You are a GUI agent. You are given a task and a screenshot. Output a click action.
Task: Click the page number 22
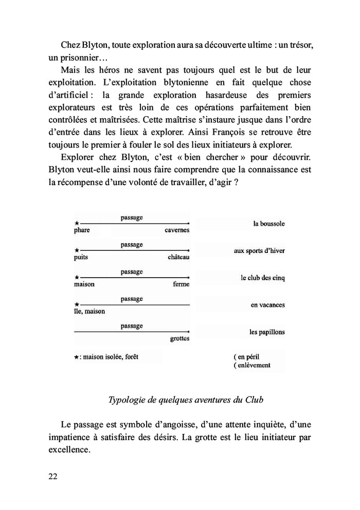52,476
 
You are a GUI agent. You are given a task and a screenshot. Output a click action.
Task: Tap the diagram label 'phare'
82,230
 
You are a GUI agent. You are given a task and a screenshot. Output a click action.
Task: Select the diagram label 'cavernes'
177,230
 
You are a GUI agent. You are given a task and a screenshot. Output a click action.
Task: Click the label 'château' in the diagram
178,257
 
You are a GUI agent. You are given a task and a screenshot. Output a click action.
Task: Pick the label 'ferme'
181,284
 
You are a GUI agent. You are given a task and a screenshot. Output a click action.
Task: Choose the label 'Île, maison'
89,311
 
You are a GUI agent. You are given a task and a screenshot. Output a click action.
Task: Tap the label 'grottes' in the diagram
179,338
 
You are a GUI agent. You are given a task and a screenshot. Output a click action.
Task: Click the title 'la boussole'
268,224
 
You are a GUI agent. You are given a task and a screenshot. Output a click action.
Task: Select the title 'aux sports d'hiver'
259,251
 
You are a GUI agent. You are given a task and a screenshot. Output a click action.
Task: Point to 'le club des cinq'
262,278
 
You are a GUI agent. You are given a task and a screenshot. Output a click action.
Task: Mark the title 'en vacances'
267,305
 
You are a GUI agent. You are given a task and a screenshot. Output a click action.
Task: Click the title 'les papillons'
267,332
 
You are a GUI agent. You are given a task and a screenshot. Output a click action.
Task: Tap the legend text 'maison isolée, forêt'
113,356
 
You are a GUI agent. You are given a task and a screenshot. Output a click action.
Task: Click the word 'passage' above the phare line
132,218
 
